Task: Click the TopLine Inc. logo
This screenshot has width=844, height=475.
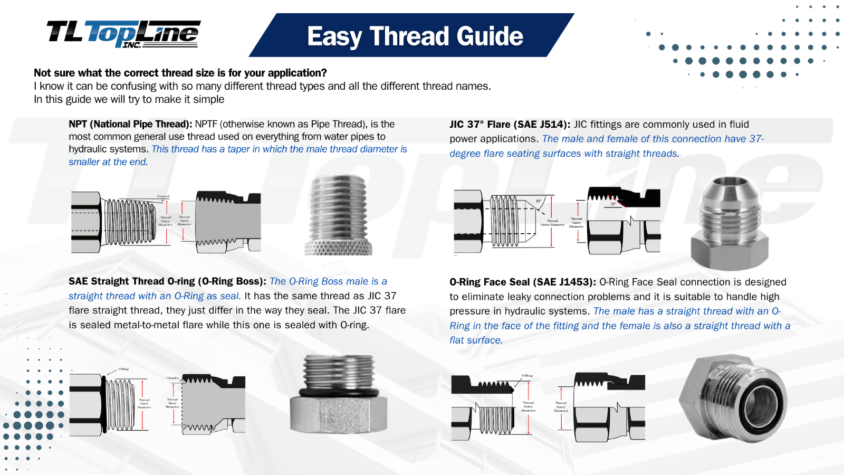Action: pos(123,34)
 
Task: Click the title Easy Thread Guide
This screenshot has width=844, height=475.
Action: pos(415,36)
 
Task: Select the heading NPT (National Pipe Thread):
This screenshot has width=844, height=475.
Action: pos(130,124)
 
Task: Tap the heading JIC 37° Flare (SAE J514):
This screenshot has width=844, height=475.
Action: pos(510,125)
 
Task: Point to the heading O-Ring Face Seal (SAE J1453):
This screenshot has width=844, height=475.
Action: pos(522,282)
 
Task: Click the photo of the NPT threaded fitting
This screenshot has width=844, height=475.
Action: pos(338,215)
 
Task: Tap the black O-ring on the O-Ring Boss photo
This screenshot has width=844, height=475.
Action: pos(338,393)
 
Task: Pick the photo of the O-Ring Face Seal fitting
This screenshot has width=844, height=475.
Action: pos(733,398)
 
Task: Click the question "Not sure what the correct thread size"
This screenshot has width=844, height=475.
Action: pos(180,73)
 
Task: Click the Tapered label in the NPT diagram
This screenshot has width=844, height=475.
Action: pos(163,196)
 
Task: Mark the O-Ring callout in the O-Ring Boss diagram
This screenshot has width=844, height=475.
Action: pos(123,369)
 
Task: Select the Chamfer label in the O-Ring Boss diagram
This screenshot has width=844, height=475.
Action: pos(172,378)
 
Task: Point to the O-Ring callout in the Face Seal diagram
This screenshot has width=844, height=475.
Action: pos(527,376)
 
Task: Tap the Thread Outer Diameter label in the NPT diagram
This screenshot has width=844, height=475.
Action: pos(166,221)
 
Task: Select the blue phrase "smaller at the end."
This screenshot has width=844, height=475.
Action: pos(108,162)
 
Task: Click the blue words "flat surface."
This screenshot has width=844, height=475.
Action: pos(476,340)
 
